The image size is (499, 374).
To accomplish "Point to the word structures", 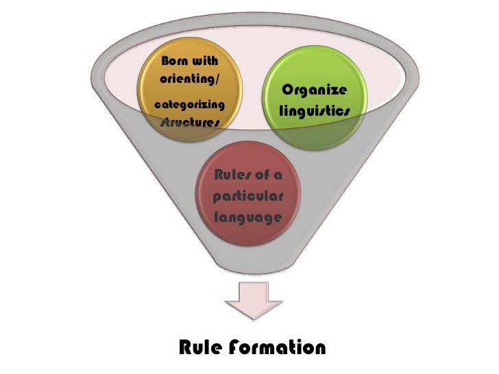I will [190, 123].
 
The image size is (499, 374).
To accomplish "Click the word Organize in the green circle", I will [315, 91].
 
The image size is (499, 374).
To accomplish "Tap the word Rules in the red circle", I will [232, 174].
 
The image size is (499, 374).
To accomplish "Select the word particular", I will [248, 196].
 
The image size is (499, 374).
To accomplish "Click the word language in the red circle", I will [247, 218].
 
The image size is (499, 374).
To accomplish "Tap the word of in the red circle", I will [262, 174].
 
